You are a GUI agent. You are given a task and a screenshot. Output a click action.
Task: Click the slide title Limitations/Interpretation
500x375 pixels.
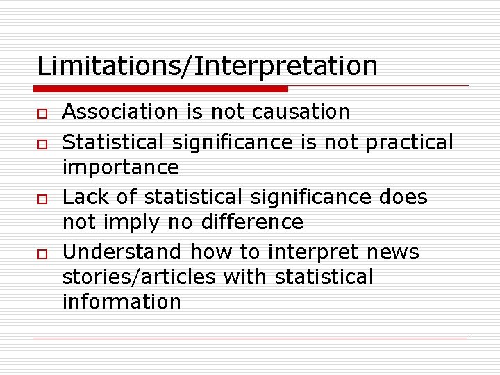tap(207, 67)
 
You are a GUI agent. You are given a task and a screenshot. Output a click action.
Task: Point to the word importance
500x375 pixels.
tap(120, 167)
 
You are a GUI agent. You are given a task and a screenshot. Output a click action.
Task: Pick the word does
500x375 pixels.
tap(403, 197)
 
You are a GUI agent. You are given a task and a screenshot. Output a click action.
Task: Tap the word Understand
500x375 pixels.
tap(122, 251)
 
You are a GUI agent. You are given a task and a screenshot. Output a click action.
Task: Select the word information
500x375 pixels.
tap(122, 302)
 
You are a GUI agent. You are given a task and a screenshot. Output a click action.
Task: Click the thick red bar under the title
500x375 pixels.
tap(161, 89)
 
